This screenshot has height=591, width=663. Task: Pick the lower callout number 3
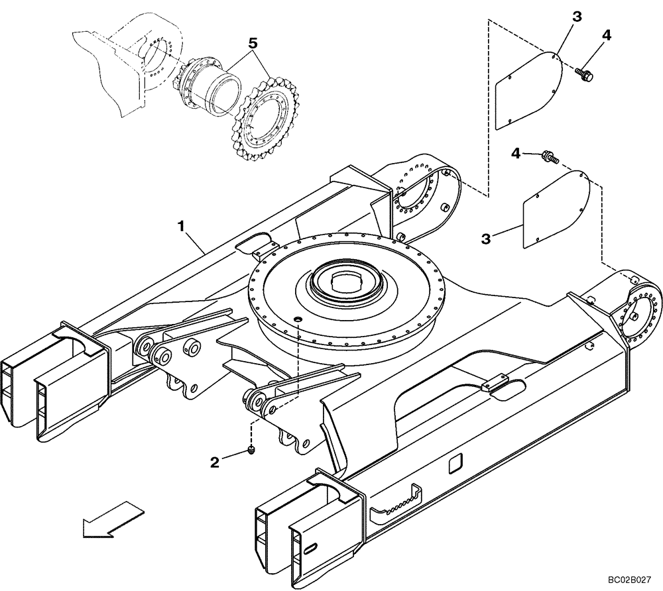[x=486, y=238]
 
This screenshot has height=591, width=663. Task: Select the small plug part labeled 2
[x=252, y=451]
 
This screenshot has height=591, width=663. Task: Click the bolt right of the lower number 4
[x=550, y=157]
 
